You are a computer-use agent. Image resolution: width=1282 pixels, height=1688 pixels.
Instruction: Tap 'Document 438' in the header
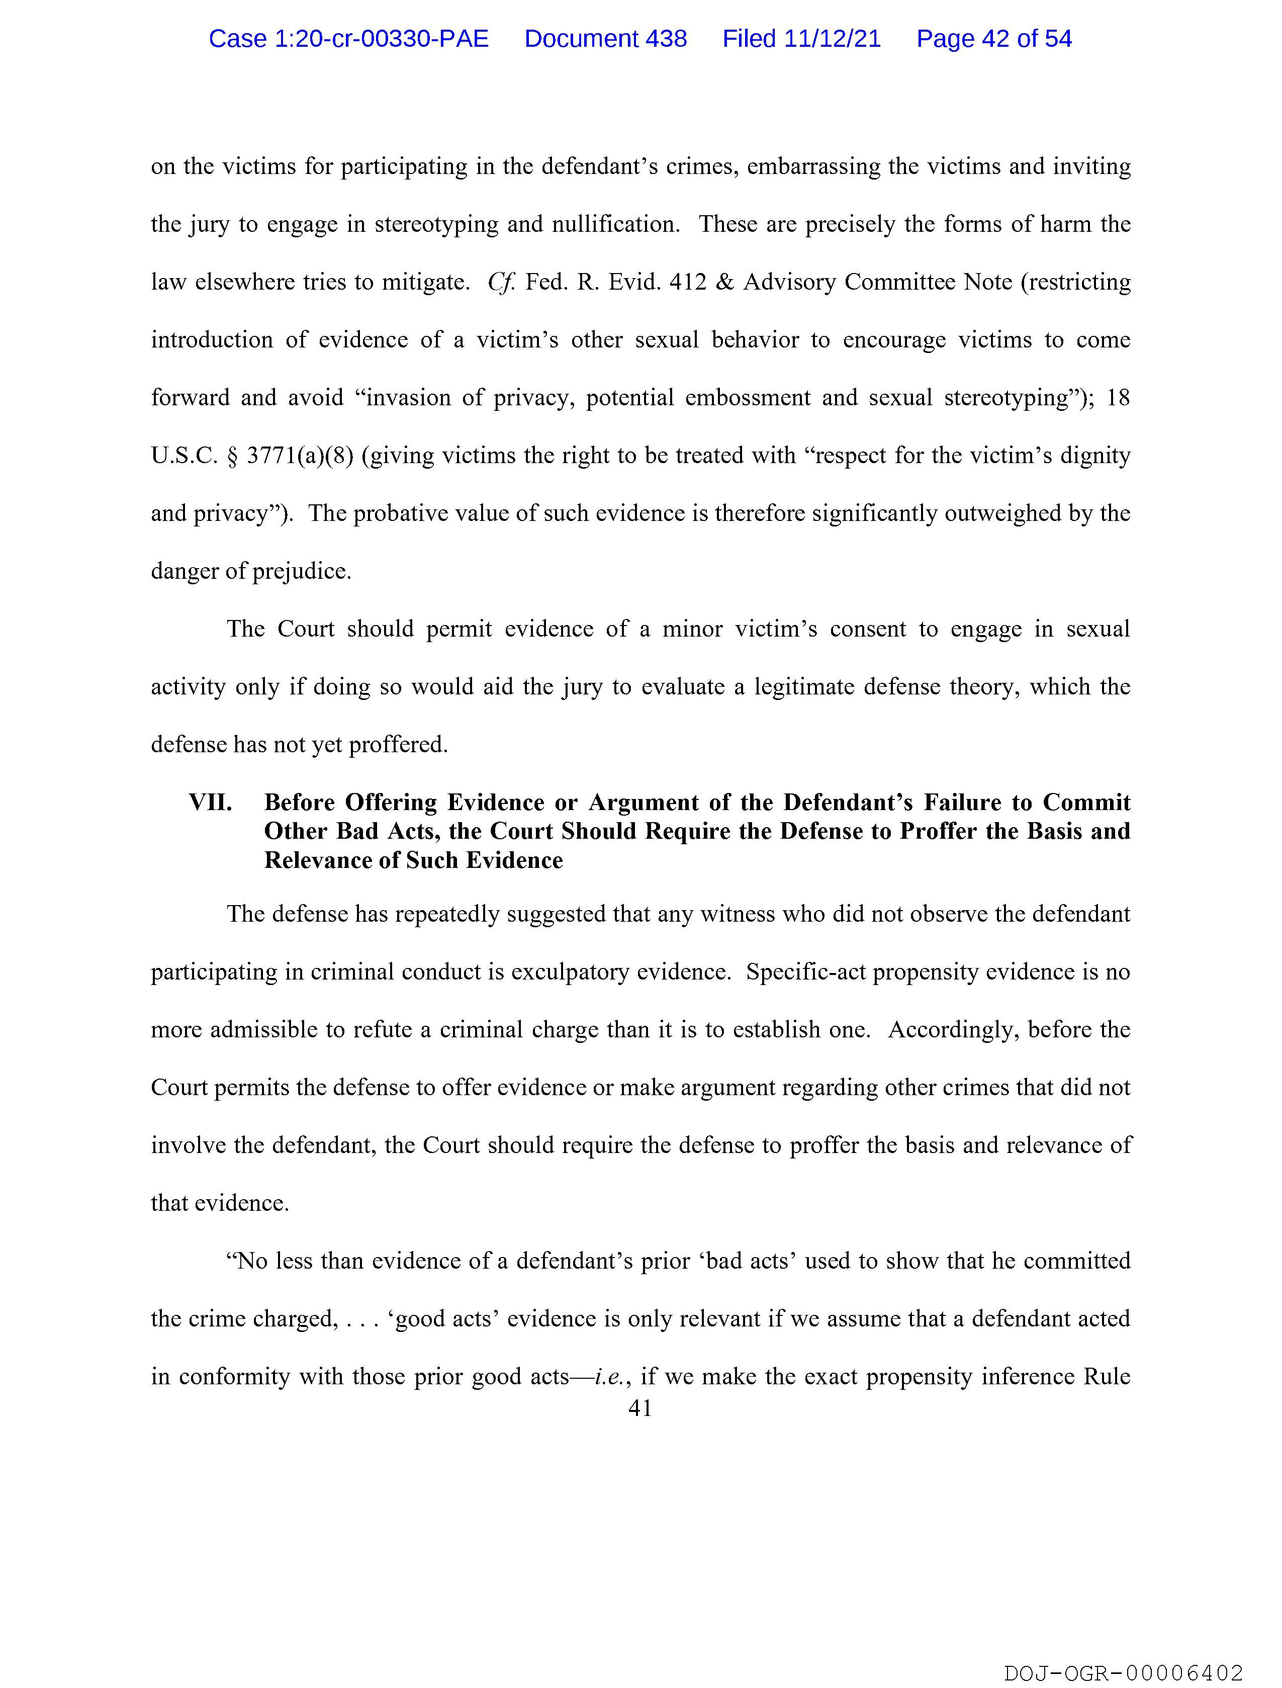(x=605, y=39)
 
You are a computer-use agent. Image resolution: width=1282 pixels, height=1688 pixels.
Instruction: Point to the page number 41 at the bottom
(x=640, y=1408)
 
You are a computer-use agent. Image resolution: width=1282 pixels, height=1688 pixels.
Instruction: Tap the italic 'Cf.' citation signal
(x=501, y=283)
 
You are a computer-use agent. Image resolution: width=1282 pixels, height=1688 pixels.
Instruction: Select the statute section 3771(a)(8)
(x=300, y=456)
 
